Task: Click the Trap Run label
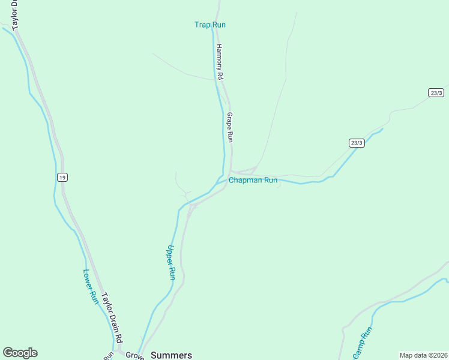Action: (209, 25)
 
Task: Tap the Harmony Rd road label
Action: (220, 62)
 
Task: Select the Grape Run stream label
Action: (229, 127)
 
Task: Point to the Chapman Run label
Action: (253, 180)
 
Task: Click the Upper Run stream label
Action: (172, 262)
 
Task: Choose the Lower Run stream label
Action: (90, 286)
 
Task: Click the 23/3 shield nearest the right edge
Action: (436, 92)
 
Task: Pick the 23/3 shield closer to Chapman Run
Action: (357, 143)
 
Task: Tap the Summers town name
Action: (171, 355)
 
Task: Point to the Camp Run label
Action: (363, 343)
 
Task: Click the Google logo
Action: (20, 353)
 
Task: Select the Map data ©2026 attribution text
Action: (423, 355)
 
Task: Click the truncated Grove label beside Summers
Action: (134, 355)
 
